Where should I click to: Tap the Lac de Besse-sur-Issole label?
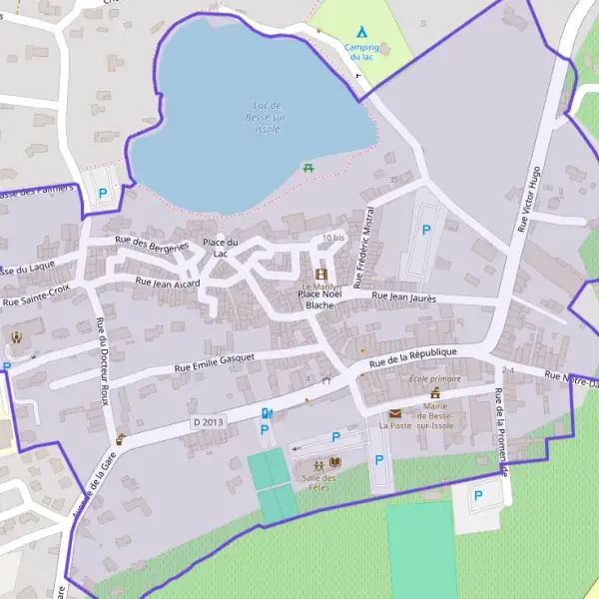(x=267, y=117)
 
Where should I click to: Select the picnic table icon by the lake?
(x=308, y=167)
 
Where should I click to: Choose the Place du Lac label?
(x=220, y=248)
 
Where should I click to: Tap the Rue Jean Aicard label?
(x=168, y=284)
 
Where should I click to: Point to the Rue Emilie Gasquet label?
(x=215, y=361)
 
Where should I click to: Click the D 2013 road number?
(x=211, y=422)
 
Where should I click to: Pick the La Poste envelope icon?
(x=395, y=413)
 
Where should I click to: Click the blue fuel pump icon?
(x=266, y=413)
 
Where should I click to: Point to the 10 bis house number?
(x=333, y=238)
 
